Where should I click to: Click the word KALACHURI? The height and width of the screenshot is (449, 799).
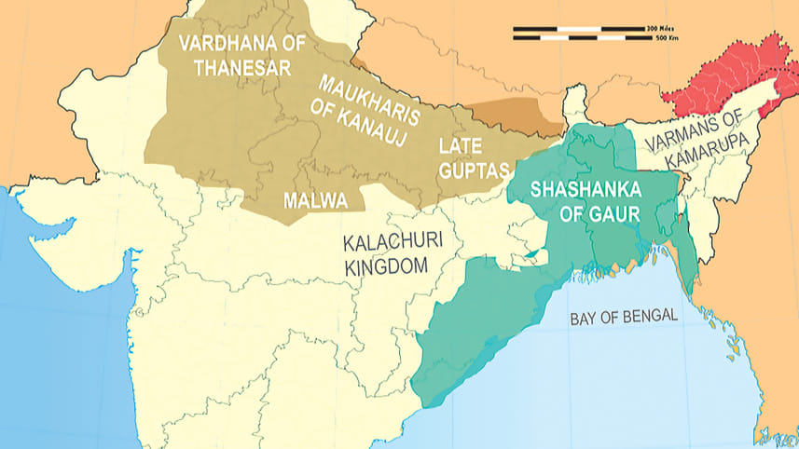(x=391, y=243)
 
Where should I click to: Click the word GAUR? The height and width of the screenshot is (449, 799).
(x=616, y=212)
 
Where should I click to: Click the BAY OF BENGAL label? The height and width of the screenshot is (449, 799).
(x=623, y=317)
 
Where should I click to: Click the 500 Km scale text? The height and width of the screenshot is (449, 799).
(x=665, y=39)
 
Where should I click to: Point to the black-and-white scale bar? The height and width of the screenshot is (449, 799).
(x=578, y=34)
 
